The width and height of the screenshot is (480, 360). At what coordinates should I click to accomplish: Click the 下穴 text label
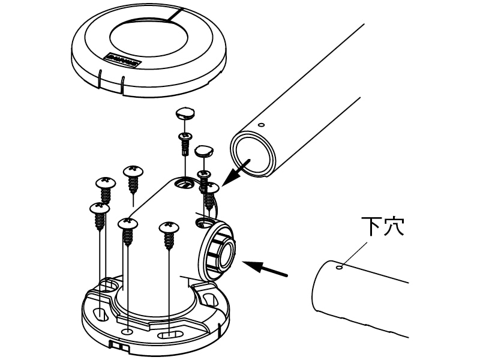[383, 227]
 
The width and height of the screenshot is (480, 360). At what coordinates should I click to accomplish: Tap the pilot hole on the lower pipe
[340, 268]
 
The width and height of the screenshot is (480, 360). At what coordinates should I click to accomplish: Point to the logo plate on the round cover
[122, 61]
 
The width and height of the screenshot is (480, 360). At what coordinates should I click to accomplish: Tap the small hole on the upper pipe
[261, 125]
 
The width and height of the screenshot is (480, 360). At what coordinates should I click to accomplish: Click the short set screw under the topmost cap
[185, 144]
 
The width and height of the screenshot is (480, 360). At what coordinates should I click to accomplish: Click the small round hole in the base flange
[127, 331]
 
